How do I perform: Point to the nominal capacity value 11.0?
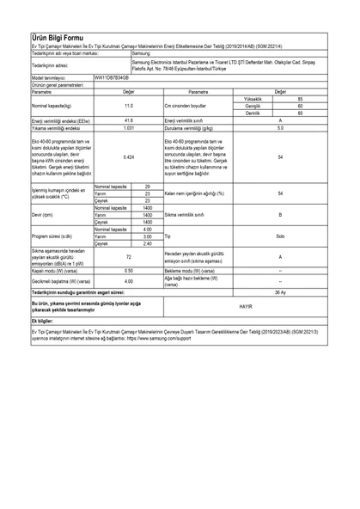[x=129, y=106]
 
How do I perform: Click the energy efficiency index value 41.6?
[x=129, y=120]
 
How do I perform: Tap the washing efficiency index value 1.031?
[x=129, y=128]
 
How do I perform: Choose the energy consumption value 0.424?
[x=129, y=157]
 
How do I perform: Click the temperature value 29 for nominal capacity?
[x=148, y=187]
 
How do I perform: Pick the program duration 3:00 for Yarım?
[x=148, y=236]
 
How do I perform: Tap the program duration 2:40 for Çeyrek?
[x=148, y=243]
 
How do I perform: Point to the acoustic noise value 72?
[x=129, y=257]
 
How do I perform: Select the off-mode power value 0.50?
[x=129, y=270]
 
